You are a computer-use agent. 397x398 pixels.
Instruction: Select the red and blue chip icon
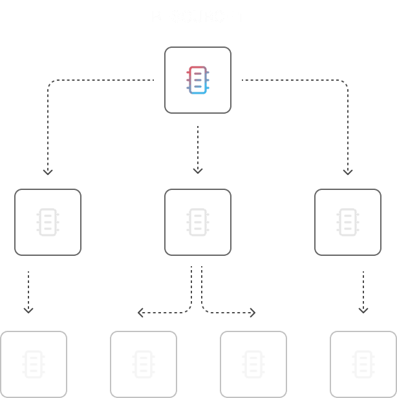(x=198, y=80)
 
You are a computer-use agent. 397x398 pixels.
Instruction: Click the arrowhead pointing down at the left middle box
(x=47, y=171)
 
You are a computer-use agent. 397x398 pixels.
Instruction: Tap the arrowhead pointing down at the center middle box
(x=198, y=171)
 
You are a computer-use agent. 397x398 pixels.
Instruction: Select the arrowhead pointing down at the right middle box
(x=348, y=171)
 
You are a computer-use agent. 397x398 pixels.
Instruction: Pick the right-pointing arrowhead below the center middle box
(x=252, y=313)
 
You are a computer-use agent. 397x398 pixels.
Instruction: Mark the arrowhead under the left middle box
(x=28, y=310)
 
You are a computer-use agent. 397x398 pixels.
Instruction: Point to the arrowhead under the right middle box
(x=363, y=310)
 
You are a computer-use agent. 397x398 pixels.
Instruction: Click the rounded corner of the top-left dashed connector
(x=51, y=84)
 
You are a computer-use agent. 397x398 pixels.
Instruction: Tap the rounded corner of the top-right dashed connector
(x=344, y=84)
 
